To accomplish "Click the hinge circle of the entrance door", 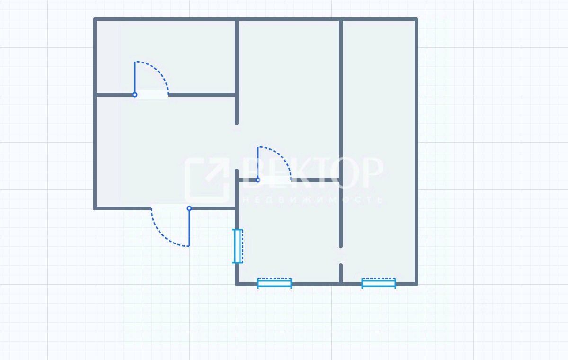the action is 189,208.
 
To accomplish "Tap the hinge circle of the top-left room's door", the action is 135,95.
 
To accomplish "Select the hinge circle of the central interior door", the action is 257,180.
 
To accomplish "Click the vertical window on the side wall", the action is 238,246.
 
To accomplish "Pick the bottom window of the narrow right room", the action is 379,283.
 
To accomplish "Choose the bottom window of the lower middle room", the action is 275,283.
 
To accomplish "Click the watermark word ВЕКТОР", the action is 312,172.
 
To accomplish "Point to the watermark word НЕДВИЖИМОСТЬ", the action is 312,200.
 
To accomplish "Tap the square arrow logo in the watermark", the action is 207,180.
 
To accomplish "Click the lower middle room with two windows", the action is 289,232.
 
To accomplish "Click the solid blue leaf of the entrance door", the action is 189,227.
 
